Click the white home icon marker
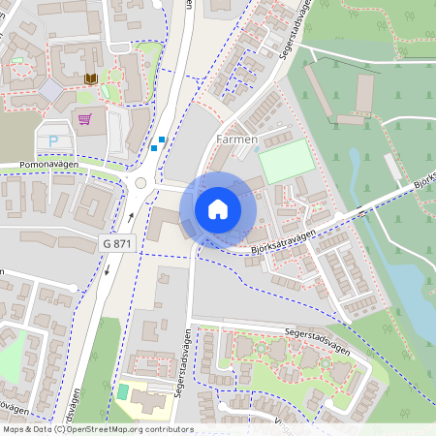coord(218,209)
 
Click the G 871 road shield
coord(118,244)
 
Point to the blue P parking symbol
coord(53,141)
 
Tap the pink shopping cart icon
coord(85,119)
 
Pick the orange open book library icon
coord(91,78)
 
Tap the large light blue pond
coord(412,291)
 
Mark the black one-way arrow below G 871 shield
coord(107,267)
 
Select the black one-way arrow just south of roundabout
coord(131,217)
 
